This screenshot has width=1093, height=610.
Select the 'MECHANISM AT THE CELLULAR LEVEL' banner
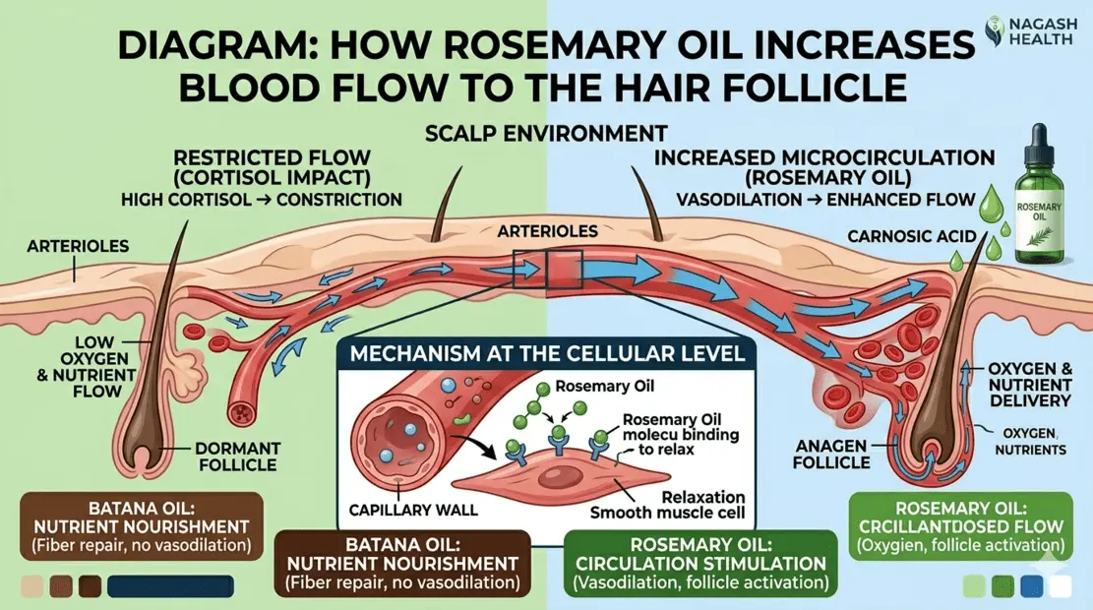(538, 352)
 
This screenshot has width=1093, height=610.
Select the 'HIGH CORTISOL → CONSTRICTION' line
(262, 200)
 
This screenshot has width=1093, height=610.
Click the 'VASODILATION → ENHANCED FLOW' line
(826, 199)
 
